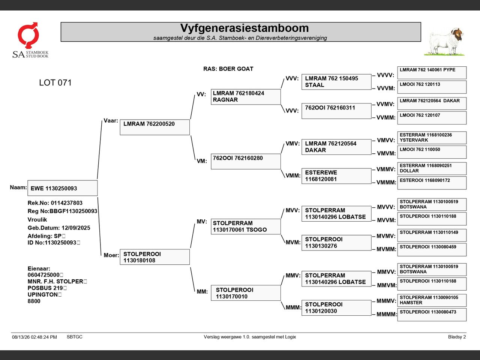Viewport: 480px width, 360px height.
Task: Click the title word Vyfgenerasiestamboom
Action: point(244,28)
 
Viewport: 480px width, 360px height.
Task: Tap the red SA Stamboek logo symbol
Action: point(28,35)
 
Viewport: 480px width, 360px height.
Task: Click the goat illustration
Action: point(445,42)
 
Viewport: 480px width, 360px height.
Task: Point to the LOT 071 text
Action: point(55,82)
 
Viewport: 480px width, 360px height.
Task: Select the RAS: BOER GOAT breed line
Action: point(228,69)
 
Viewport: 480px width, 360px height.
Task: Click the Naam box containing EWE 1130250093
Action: point(63,188)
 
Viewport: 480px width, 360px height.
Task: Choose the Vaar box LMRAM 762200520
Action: point(155,127)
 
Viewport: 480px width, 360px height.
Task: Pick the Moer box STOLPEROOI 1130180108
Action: point(155,257)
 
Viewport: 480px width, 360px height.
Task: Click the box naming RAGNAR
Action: point(246,97)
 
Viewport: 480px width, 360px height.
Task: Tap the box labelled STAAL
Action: point(336,82)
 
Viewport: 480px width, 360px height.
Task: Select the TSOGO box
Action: point(246,226)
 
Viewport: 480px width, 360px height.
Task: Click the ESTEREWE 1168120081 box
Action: point(336,176)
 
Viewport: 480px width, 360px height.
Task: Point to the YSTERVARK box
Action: point(432,138)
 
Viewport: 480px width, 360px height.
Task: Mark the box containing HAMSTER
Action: point(432,300)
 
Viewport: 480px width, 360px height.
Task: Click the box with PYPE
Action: point(432,73)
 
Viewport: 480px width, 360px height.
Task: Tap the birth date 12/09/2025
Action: point(76,228)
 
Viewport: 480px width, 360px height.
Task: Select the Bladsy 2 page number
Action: point(457,337)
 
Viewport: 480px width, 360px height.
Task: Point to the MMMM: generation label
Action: point(386,314)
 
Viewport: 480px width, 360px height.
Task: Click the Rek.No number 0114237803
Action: point(67,203)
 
